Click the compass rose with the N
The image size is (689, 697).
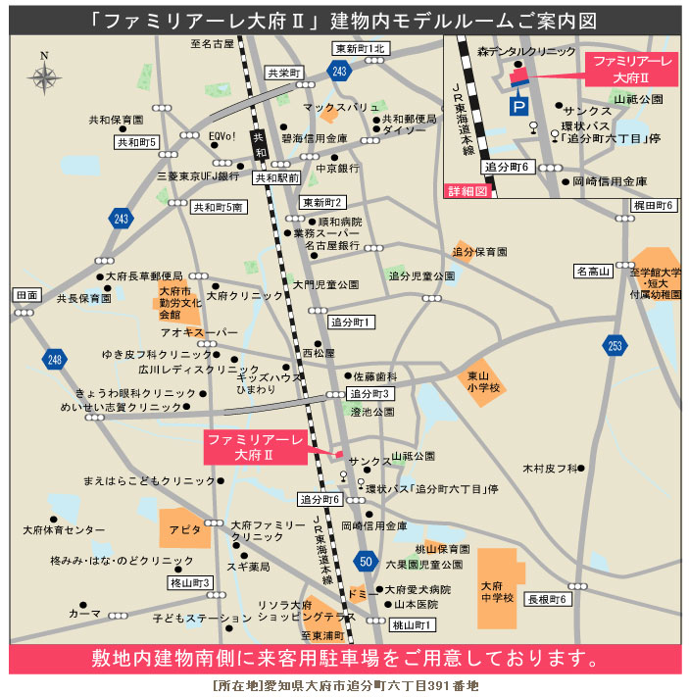pos(45,75)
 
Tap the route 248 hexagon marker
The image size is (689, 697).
pos(53,361)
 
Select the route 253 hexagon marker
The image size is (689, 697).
pos(615,344)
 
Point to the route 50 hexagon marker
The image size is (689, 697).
pos(366,562)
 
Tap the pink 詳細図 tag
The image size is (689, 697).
pos(467,191)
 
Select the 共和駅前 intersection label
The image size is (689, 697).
pos(276,178)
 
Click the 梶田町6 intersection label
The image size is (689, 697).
pos(653,205)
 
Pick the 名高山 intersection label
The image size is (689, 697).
pos(592,271)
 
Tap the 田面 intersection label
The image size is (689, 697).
pos(27,295)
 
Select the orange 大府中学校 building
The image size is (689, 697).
pos(498,588)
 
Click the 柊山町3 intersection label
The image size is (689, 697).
pos(190,582)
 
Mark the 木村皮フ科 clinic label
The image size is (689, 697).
pos(550,469)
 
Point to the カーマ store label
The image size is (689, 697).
pos(84,613)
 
